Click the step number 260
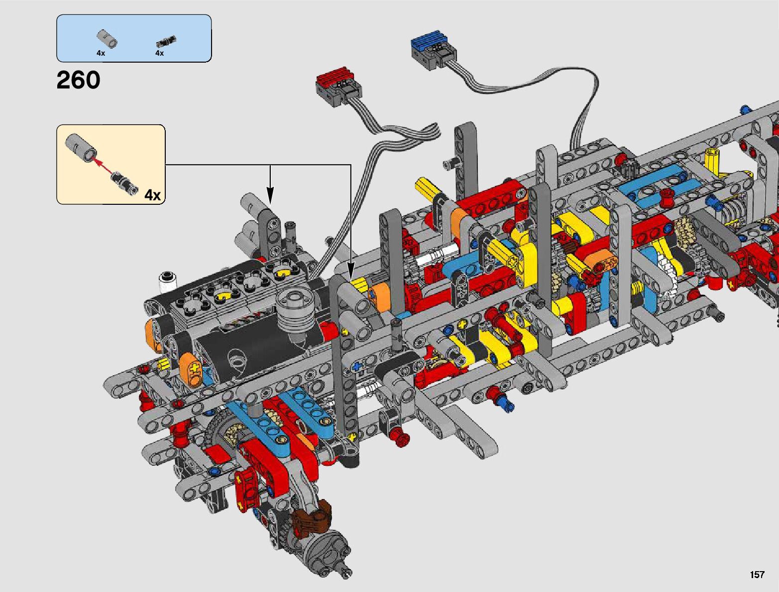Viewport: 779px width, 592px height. coord(78,80)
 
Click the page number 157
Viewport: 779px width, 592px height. coord(757,574)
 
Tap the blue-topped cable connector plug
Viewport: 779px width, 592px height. coord(434,51)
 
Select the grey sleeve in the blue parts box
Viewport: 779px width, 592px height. coord(107,38)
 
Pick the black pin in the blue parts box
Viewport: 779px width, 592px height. coord(166,41)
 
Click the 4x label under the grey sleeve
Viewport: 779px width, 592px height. coord(101,53)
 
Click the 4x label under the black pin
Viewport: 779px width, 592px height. coord(159,53)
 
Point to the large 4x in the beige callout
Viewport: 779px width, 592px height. coord(153,195)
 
